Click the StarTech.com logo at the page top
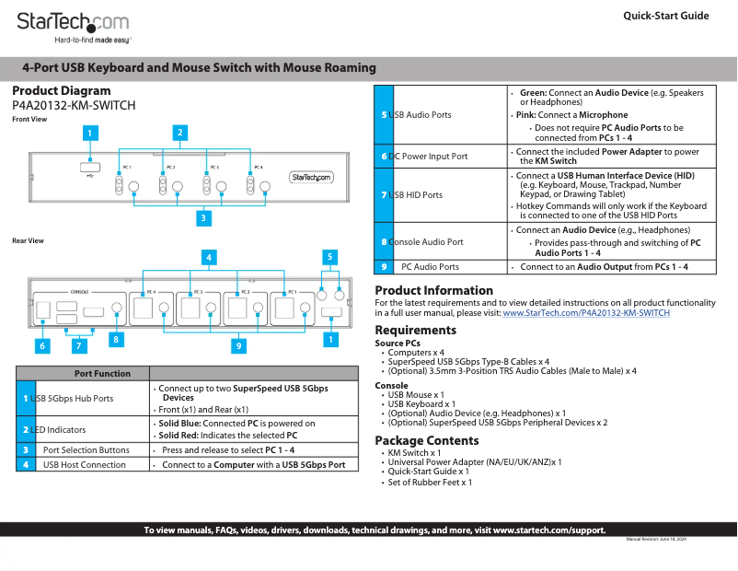click(74, 22)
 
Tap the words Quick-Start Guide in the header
click(665, 16)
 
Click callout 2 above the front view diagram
click(180, 133)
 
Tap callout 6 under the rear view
click(41, 346)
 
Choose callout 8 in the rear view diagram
click(116, 339)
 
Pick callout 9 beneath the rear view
click(238, 346)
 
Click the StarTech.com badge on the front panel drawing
click(311, 178)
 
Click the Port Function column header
click(101, 373)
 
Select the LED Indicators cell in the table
click(60, 429)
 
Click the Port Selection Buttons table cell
click(86, 450)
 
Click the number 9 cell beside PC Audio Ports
click(384, 266)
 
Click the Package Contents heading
click(426, 440)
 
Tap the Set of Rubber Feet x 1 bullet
click(430, 482)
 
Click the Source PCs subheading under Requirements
click(398, 343)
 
